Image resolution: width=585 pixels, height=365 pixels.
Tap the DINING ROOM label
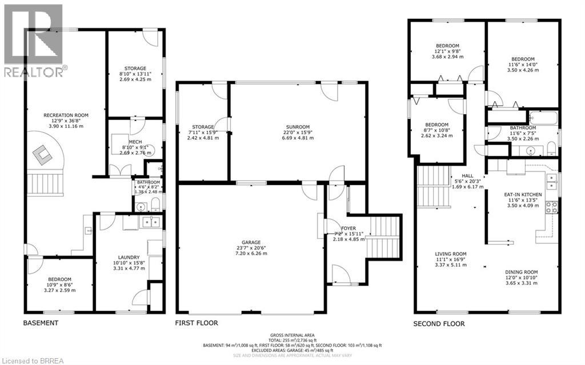(521, 272)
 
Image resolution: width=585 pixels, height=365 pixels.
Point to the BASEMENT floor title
(41, 323)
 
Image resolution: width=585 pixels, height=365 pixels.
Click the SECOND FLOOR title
(439, 324)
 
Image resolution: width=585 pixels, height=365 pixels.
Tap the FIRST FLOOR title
(197, 323)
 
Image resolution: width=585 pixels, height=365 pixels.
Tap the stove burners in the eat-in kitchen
(551, 207)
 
